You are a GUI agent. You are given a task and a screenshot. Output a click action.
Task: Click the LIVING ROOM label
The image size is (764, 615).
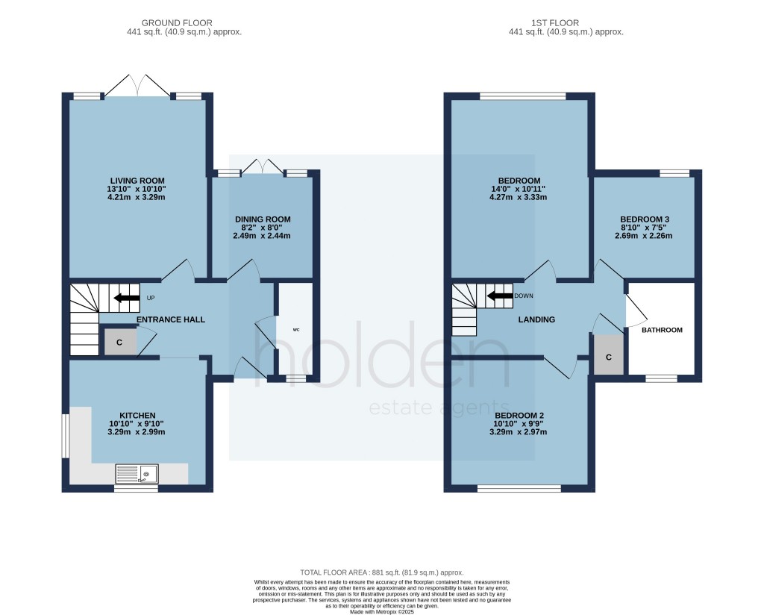click(x=137, y=181)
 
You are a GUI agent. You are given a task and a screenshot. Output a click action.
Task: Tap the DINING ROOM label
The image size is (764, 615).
click(x=263, y=219)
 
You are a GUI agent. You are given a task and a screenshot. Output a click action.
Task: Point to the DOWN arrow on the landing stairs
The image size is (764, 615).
click(x=499, y=296)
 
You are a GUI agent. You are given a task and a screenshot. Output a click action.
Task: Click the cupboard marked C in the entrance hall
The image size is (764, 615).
click(x=119, y=343)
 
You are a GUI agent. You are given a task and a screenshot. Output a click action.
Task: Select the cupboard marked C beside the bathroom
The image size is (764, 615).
click(x=609, y=358)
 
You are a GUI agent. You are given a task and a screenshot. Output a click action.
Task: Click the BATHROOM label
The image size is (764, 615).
click(x=662, y=330)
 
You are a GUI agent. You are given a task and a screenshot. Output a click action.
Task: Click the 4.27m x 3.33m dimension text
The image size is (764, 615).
click(x=519, y=198)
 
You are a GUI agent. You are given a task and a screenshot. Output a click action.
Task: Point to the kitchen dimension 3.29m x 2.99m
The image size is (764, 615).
click(x=137, y=432)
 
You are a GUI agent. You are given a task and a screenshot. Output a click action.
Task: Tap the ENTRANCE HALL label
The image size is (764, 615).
click(x=171, y=319)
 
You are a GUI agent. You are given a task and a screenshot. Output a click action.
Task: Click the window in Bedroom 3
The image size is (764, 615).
click(x=674, y=173)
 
